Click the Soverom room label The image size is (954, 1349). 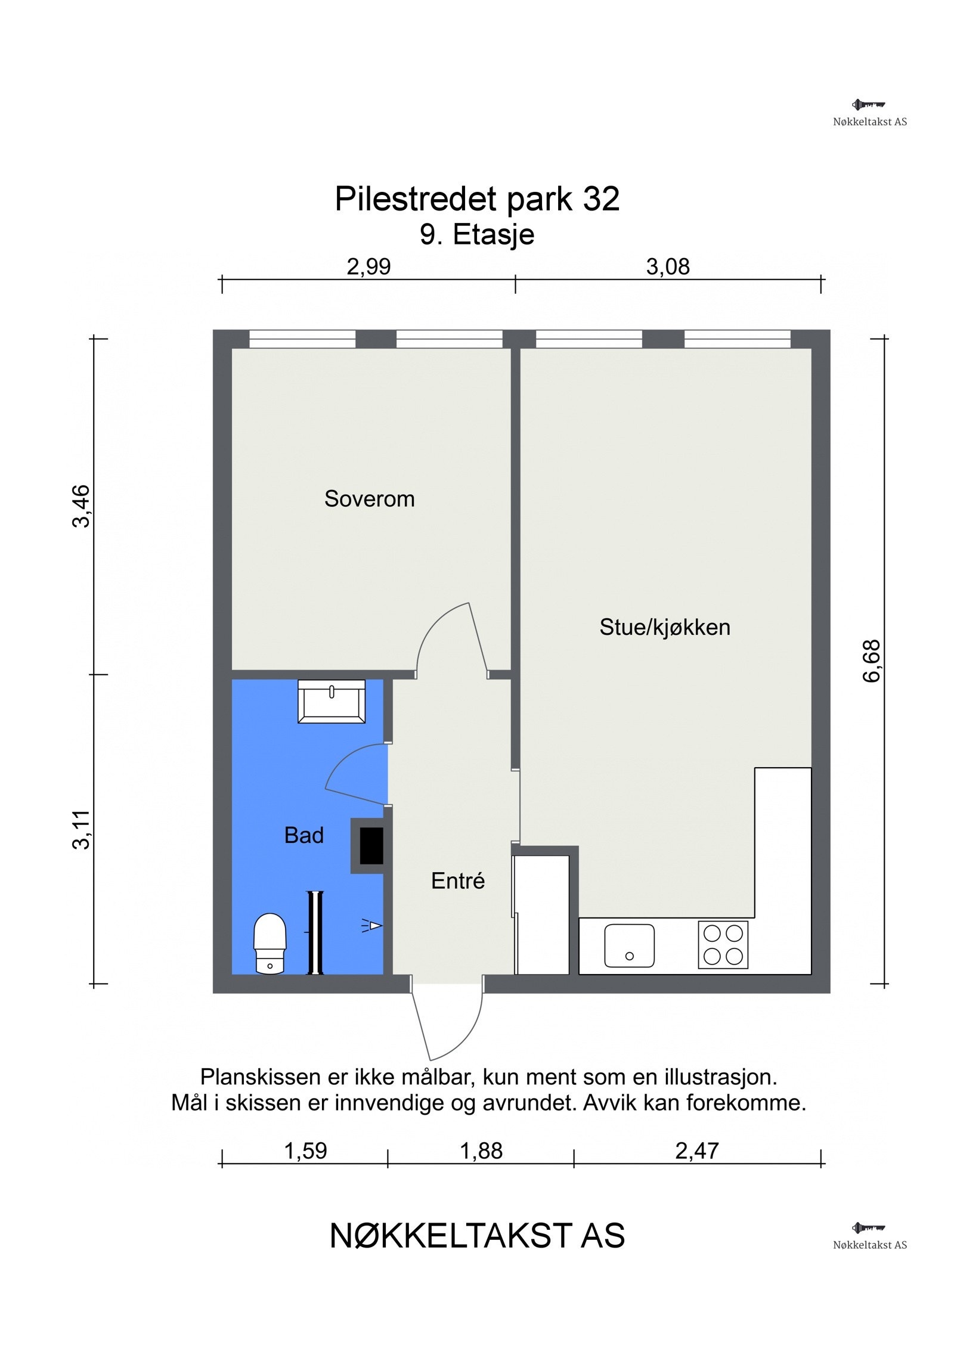369,498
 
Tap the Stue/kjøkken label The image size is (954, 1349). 664,627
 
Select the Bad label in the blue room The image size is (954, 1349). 303,835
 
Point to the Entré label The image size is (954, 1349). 457,881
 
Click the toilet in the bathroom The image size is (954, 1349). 270,943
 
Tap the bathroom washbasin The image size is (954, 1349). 332,702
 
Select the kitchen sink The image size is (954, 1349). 628,945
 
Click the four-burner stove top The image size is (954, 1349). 723,945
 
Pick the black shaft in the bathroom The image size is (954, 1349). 371,846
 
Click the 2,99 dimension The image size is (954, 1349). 368,266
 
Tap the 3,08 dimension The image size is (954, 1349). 668,266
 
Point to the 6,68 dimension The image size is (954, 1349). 871,660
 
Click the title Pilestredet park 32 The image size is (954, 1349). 477,199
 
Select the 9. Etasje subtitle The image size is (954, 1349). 477,234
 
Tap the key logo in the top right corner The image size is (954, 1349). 869,106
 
